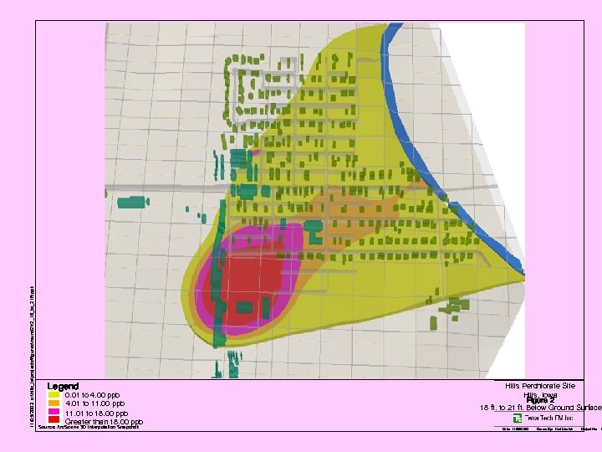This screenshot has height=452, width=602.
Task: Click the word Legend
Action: pyautogui.click(x=63, y=387)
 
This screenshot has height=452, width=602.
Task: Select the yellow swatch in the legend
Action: pyautogui.click(x=54, y=395)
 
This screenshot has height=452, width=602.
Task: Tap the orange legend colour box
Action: pyautogui.click(x=54, y=404)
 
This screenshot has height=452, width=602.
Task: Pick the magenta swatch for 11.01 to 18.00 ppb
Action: pyautogui.click(x=54, y=413)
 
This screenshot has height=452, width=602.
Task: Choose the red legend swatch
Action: pyautogui.click(x=54, y=422)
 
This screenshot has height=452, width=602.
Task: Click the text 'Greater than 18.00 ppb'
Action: pyautogui.click(x=104, y=422)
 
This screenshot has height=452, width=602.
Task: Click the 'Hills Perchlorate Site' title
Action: pyautogui.click(x=540, y=386)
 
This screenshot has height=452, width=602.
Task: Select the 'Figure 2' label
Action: pyautogui.click(x=540, y=400)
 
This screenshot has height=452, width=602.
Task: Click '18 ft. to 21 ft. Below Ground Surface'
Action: pyautogui.click(x=540, y=408)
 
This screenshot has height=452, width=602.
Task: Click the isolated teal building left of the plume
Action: pyautogui.click(x=132, y=202)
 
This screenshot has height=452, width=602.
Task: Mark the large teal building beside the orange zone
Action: pyautogui.click(x=314, y=230)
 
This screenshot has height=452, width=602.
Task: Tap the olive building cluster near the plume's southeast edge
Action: pyautogui.click(x=452, y=309)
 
